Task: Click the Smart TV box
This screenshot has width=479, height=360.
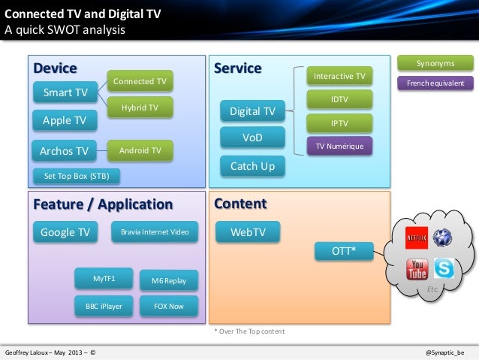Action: (x=65, y=92)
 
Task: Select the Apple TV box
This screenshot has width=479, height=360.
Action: (x=65, y=120)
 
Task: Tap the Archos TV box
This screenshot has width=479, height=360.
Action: (x=65, y=152)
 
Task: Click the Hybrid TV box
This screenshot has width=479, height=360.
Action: (x=140, y=108)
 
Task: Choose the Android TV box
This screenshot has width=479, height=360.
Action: (x=140, y=151)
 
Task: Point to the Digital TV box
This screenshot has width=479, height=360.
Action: (x=252, y=112)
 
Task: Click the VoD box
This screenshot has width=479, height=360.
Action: (x=252, y=138)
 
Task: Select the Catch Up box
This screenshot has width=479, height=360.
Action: (x=252, y=166)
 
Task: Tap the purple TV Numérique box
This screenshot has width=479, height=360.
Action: (x=339, y=146)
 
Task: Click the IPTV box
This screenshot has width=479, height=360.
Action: (x=339, y=123)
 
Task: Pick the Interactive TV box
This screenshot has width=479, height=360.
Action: (x=339, y=77)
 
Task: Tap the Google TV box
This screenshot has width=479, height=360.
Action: (x=65, y=232)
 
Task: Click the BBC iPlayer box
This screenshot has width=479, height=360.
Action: (x=104, y=306)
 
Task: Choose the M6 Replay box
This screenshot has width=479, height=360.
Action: (x=168, y=280)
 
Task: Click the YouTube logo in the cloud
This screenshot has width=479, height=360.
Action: (x=417, y=268)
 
